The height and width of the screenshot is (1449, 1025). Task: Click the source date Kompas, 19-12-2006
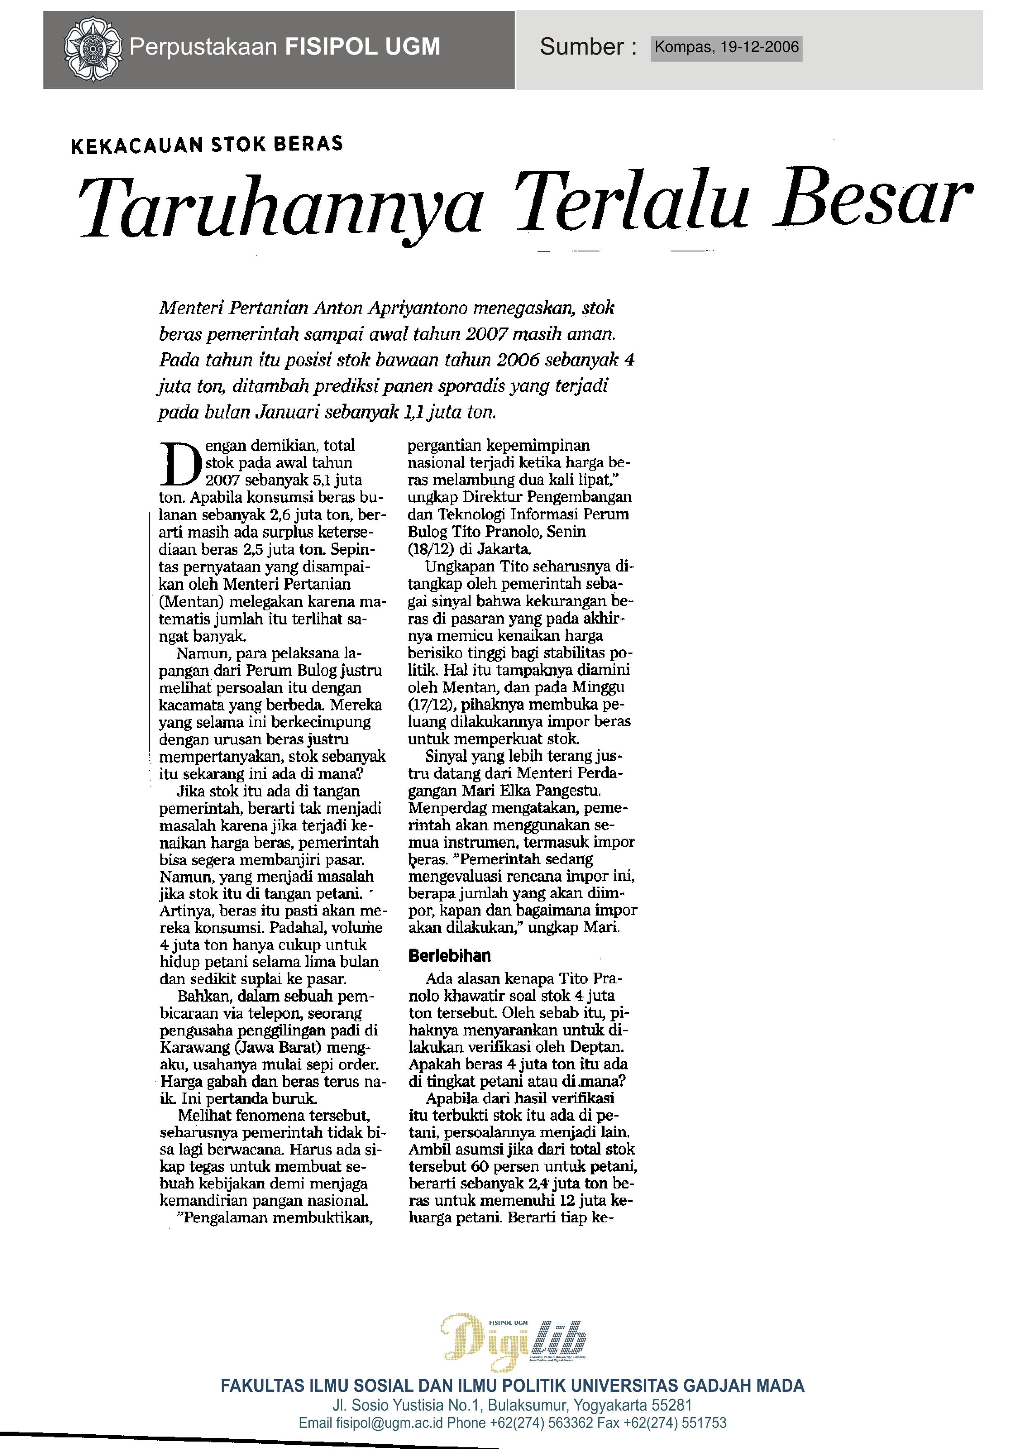tap(726, 47)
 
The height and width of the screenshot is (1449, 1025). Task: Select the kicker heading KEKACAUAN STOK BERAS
tap(207, 144)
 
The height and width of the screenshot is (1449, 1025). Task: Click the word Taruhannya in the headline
tap(280, 207)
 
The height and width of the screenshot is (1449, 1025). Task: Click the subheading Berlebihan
tap(449, 956)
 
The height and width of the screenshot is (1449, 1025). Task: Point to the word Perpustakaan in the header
tap(203, 47)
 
